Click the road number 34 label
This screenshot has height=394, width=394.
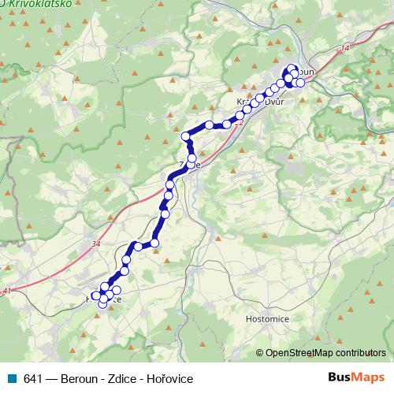pyautogui.click(x=96, y=244)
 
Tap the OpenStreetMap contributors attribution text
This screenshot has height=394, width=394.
pyautogui.click(x=325, y=354)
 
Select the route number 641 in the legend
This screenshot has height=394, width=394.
pyautogui.click(x=32, y=378)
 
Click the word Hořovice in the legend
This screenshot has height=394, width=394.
pyautogui.click(x=169, y=378)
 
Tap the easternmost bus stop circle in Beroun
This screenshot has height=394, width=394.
pyautogui.click(x=300, y=82)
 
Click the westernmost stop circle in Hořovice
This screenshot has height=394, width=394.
pyautogui.click(x=95, y=295)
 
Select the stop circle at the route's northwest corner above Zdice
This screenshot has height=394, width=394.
pyautogui.click(x=187, y=137)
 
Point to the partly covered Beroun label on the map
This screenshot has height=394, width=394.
pyautogui.click(x=305, y=72)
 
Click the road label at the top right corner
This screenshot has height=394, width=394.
pyautogui.click(x=344, y=49)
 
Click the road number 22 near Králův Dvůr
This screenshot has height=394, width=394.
pyautogui.click(x=239, y=123)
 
